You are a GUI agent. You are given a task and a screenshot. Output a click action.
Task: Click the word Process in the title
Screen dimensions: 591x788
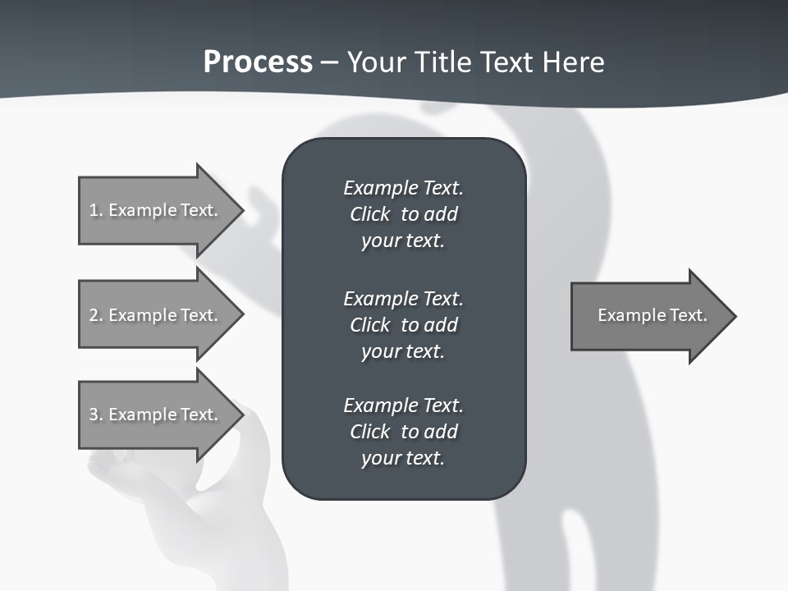tap(258, 62)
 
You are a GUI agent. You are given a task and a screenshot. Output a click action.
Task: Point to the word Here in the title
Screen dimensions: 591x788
tap(574, 62)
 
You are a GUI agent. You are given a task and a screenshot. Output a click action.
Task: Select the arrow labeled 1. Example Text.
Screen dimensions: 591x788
tap(160, 210)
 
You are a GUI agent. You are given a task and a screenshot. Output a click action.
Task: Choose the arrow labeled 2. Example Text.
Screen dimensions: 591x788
tap(160, 315)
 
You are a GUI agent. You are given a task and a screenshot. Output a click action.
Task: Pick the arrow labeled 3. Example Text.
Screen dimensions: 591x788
tap(160, 415)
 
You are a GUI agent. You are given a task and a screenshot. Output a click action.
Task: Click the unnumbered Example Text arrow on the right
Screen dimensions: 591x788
tap(653, 315)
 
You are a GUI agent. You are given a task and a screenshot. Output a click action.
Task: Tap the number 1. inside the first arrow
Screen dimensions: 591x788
tap(96, 210)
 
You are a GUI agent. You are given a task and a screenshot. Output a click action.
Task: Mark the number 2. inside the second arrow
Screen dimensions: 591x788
tap(96, 315)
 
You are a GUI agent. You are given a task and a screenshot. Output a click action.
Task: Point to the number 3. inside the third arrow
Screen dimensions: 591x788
tap(96, 415)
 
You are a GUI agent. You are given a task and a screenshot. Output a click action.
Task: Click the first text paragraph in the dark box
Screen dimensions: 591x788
tap(403, 214)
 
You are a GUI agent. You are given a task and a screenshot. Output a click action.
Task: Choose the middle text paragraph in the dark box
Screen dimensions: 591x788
tap(403, 325)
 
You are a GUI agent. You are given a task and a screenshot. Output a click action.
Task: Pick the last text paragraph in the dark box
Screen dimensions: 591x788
tap(403, 432)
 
